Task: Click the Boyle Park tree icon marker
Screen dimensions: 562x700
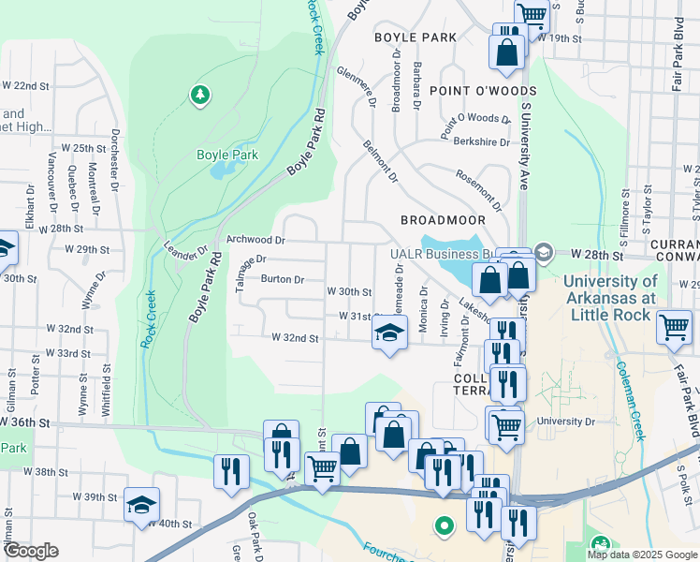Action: tap(198, 95)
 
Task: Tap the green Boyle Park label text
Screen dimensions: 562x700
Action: tap(226, 155)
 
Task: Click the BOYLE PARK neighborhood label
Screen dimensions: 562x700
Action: tap(415, 37)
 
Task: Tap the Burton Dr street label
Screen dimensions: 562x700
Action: tap(283, 279)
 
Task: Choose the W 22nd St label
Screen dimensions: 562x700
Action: tap(25, 85)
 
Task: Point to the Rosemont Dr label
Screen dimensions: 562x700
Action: tap(478, 189)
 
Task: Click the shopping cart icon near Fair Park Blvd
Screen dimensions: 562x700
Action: tap(674, 328)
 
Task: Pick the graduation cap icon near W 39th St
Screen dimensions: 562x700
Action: tap(141, 503)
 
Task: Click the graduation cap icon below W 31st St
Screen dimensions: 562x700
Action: tap(389, 333)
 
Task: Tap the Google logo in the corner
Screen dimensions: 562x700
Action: tap(31, 551)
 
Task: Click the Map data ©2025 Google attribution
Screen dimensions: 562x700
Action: tap(641, 555)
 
